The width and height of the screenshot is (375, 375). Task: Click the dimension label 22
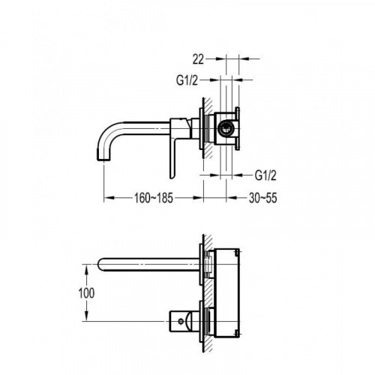198,60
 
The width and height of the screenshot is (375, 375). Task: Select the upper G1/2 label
187,80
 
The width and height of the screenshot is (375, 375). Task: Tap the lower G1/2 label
265,175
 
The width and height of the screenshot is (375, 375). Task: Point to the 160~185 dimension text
154,198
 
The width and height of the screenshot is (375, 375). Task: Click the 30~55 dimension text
263,198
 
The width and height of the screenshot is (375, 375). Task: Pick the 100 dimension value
86,293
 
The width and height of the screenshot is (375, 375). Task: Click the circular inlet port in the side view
226,127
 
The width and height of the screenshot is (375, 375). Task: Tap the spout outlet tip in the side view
103,158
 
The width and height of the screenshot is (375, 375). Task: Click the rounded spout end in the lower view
100,265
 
